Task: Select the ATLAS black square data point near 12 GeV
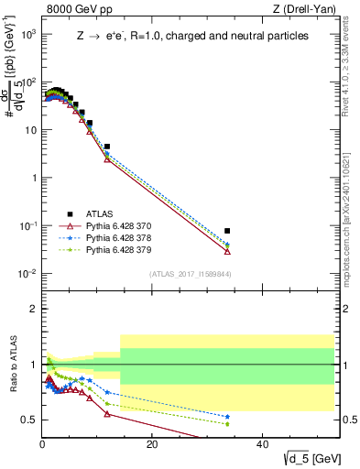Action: coord(107,147)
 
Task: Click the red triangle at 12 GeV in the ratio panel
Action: coord(107,414)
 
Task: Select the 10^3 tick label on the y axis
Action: coord(28,34)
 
